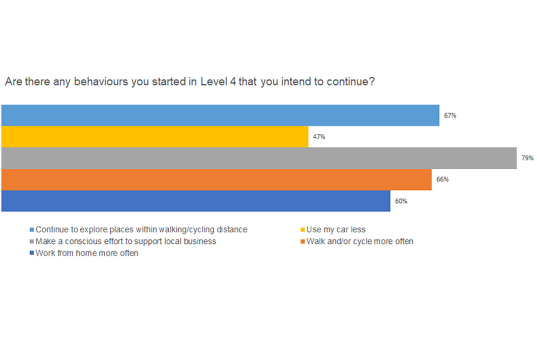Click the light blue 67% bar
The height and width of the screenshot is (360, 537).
coord(220,115)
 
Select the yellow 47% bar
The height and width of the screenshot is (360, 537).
coord(154,137)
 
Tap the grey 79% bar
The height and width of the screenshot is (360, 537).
coord(259,158)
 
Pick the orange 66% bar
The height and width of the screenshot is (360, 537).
coord(216,180)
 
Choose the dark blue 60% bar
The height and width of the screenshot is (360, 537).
coord(196,201)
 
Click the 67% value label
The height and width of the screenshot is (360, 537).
coord(450,116)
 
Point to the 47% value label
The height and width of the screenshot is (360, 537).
coord(318,137)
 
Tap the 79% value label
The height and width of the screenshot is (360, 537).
coord(527,158)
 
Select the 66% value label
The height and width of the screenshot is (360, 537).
coord(442,180)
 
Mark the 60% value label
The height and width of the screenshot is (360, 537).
coord(401,201)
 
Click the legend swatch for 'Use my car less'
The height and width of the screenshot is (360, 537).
coord(302,230)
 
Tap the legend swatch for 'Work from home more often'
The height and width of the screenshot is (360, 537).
coord(32,254)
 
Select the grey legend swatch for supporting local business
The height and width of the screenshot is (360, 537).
coord(32,242)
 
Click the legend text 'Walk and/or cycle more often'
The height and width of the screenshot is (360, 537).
coord(359,241)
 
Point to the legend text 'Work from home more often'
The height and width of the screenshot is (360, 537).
coord(87,253)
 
